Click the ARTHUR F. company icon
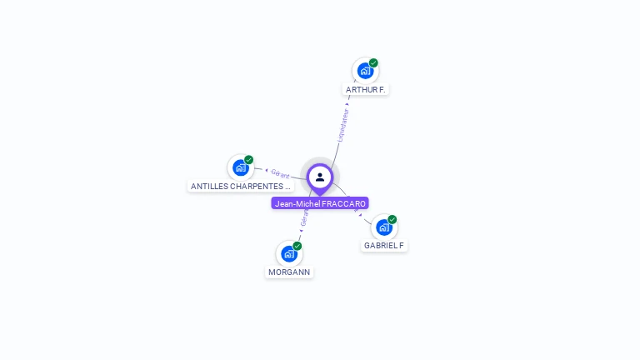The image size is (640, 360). click(x=365, y=71)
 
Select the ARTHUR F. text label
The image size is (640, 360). click(x=366, y=89)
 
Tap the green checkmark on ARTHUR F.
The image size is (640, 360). click(x=373, y=62)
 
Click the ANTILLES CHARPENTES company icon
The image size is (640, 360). click(x=240, y=167)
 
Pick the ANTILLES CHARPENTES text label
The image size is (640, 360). click(x=240, y=186)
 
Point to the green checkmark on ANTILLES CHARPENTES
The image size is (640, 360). click(x=248, y=159)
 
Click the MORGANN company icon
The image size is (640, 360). click(x=288, y=253)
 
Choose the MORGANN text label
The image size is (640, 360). click(x=289, y=272)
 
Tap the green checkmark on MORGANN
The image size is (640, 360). click(x=297, y=246)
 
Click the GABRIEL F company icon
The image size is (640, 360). click(x=383, y=227)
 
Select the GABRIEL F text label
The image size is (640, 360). click(x=384, y=246)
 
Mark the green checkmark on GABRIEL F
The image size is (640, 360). click(x=392, y=219)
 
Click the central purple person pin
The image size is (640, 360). click(x=320, y=177)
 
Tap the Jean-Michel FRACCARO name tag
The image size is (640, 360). click(x=320, y=203)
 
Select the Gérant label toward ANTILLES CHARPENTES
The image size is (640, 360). click(x=280, y=173)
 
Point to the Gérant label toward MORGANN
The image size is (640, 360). click(x=303, y=218)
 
